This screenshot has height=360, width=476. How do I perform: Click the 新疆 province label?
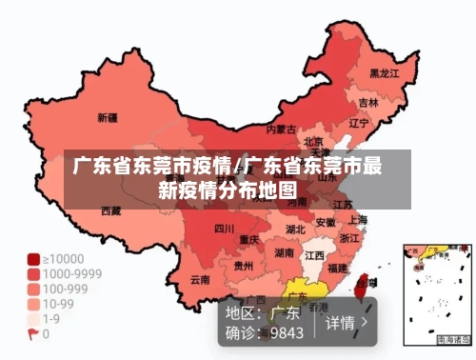[x=108, y=118]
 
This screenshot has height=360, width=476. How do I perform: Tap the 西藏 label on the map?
[x=110, y=210]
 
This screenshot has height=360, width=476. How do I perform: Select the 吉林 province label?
[x=369, y=101]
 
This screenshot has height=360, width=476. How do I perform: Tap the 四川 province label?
[x=224, y=229]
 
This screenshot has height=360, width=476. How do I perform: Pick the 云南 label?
[x=200, y=280]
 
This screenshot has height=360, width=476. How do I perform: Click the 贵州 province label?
[x=244, y=266]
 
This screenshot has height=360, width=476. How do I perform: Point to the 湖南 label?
[x=284, y=253]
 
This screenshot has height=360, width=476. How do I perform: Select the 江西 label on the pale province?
[x=314, y=256]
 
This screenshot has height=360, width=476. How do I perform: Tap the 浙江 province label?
[x=350, y=238]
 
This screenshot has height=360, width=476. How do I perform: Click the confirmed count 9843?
[x=286, y=332]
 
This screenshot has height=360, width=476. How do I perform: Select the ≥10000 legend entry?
[x=62, y=258]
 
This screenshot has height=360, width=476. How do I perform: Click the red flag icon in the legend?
[x=33, y=334]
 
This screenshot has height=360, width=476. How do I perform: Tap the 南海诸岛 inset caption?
[x=453, y=339]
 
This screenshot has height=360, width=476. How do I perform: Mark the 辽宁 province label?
[x=359, y=123]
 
